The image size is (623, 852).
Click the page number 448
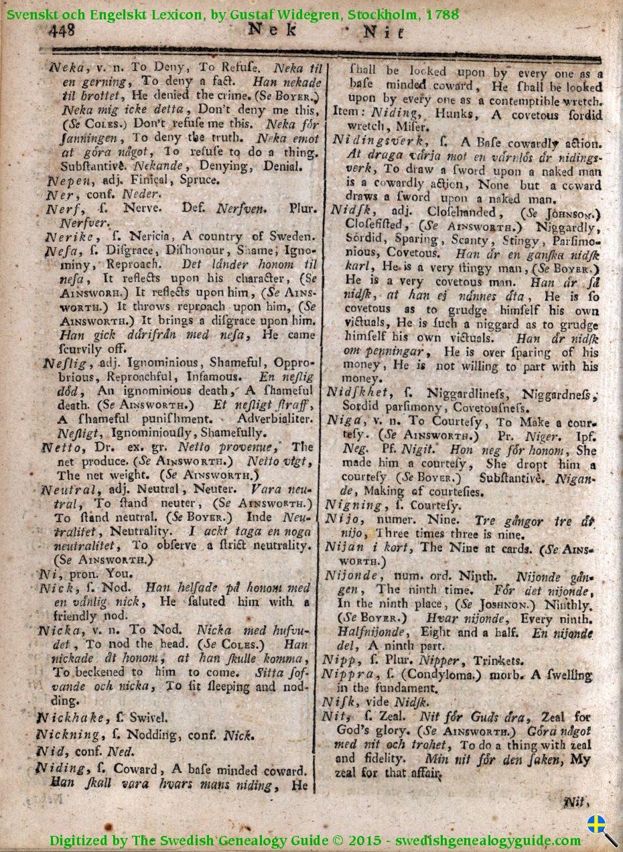click(61, 30)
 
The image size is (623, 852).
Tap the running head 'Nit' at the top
click(384, 31)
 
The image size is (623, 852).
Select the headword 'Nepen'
click(64, 180)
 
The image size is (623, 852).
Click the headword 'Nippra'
click(348, 674)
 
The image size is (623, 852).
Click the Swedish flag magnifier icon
click(601, 829)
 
